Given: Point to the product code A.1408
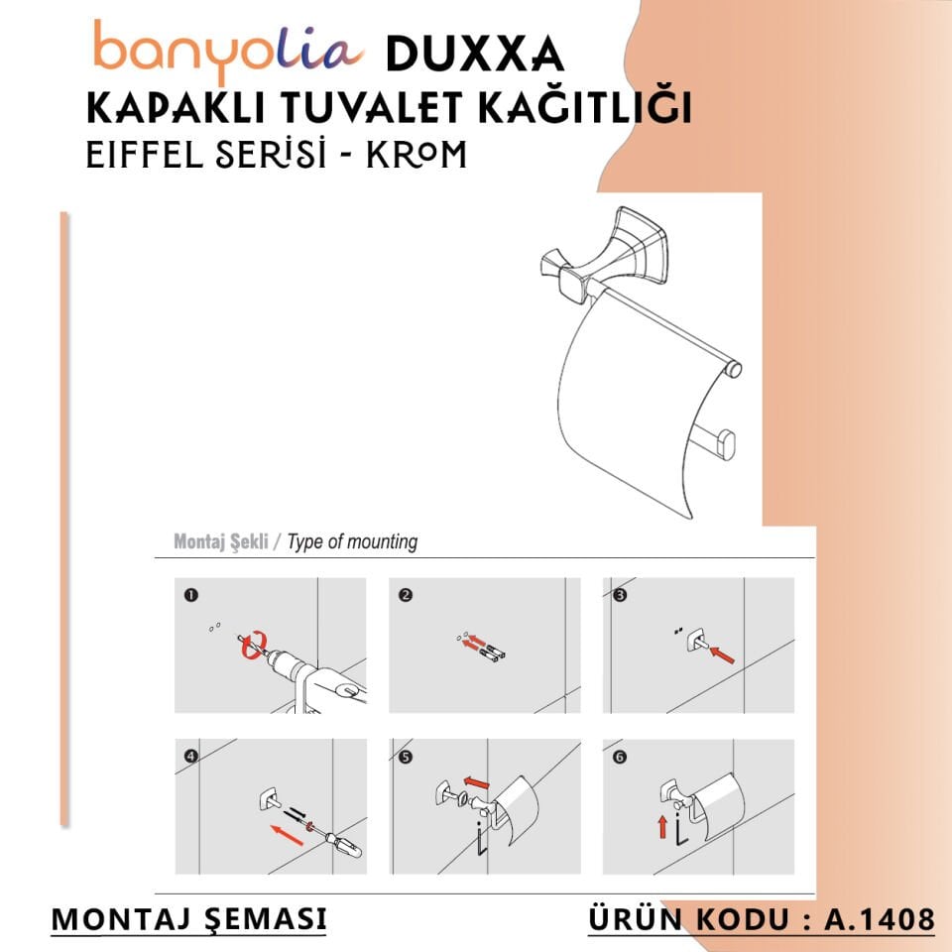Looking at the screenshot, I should [880, 919].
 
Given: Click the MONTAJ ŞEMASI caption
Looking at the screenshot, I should [188, 919].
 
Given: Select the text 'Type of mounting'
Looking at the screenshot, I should [352, 542].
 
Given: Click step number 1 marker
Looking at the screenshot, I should [189, 596].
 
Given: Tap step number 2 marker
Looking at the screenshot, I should [405, 596].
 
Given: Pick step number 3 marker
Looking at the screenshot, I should [620, 596].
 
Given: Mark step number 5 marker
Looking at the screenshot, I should [405, 756].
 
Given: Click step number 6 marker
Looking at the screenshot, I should [620, 756].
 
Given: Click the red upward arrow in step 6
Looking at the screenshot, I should [662, 824].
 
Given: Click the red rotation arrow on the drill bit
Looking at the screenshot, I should [250, 644].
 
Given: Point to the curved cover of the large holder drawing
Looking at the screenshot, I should [635, 416].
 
